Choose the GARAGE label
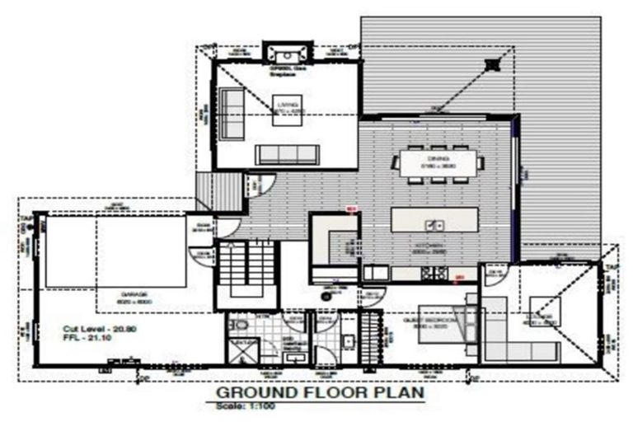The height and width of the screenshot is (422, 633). tap(136, 293)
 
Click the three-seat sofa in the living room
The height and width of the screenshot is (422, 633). tap(287, 154)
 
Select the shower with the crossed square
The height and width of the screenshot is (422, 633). tap(240, 353)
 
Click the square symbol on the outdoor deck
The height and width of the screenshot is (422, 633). tap(493, 64)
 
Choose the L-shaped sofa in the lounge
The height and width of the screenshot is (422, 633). tap(504, 334)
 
